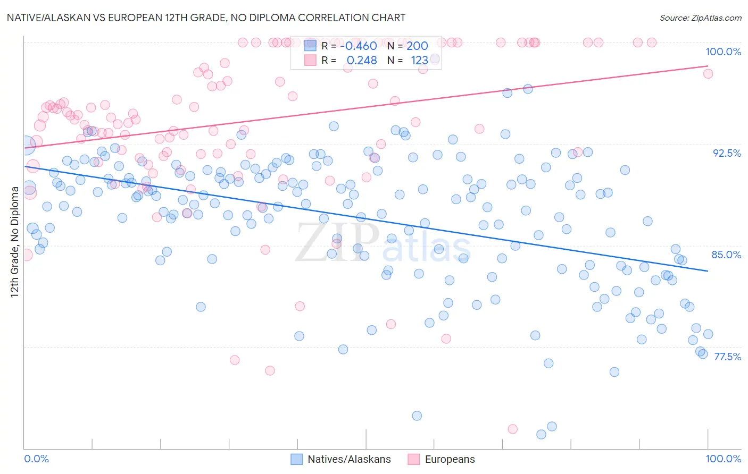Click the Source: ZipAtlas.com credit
pos(700,18)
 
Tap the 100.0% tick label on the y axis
pos(723,52)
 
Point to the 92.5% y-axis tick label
pos(727,153)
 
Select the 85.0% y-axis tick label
pos(726,255)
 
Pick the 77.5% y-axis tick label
pos(727,357)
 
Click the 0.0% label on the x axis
pos(36,459)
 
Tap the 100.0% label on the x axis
pos(723,459)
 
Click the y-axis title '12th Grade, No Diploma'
pos(14,242)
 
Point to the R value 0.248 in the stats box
pos(362,61)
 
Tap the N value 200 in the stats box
pos(417,46)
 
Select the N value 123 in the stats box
pos(419,61)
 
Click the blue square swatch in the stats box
pos(310,46)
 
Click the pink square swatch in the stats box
pos(310,60)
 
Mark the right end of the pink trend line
pos(708,66)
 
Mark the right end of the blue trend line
pos(708,271)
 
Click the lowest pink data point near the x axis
pos(513,429)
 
